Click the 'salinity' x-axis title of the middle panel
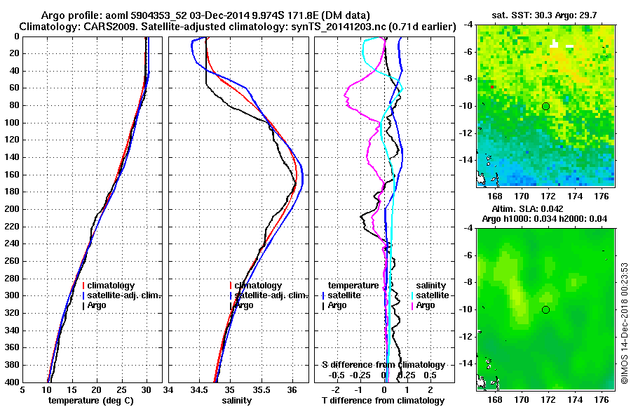238,401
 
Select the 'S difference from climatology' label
384,365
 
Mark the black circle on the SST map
545,106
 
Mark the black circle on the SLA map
545,309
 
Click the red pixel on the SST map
493,86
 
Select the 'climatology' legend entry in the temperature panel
111,286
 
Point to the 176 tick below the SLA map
602,397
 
